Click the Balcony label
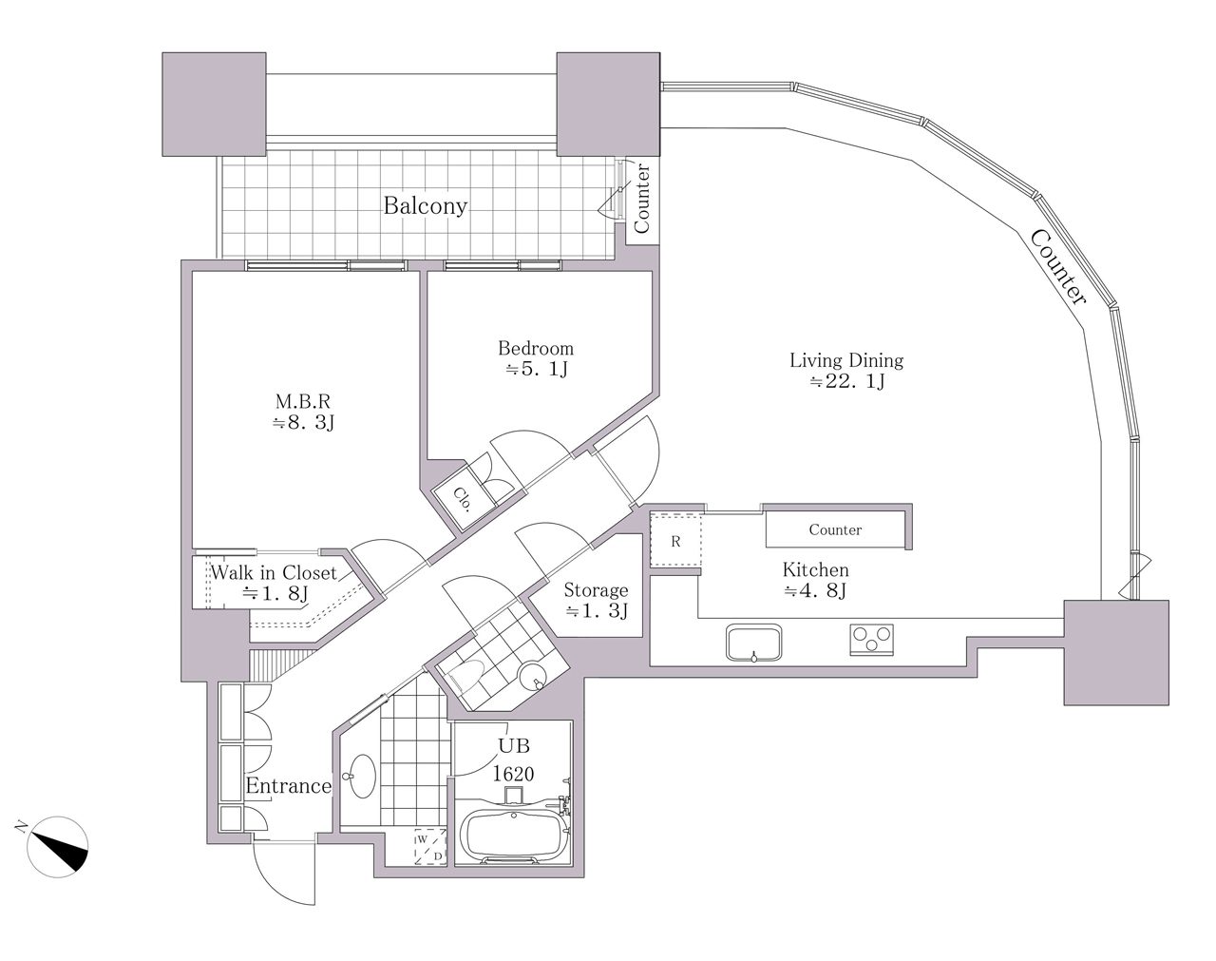(x=425, y=205)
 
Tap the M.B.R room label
(x=303, y=401)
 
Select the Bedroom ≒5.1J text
(x=536, y=358)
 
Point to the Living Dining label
(x=845, y=360)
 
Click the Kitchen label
(x=815, y=569)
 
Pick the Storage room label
(x=597, y=590)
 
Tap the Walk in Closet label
(x=274, y=572)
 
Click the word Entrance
(x=288, y=786)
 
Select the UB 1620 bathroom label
(x=513, y=759)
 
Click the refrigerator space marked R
(x=675, y=541)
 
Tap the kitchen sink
(x=753, y=643)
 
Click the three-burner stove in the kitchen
(x=871, y=640)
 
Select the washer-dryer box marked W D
(x=430, y=847)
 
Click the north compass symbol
(x=58, y=847)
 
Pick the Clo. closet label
(x=463, y=499)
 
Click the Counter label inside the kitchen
(x=835, y=529)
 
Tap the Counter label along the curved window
(x=1057, y=267)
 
